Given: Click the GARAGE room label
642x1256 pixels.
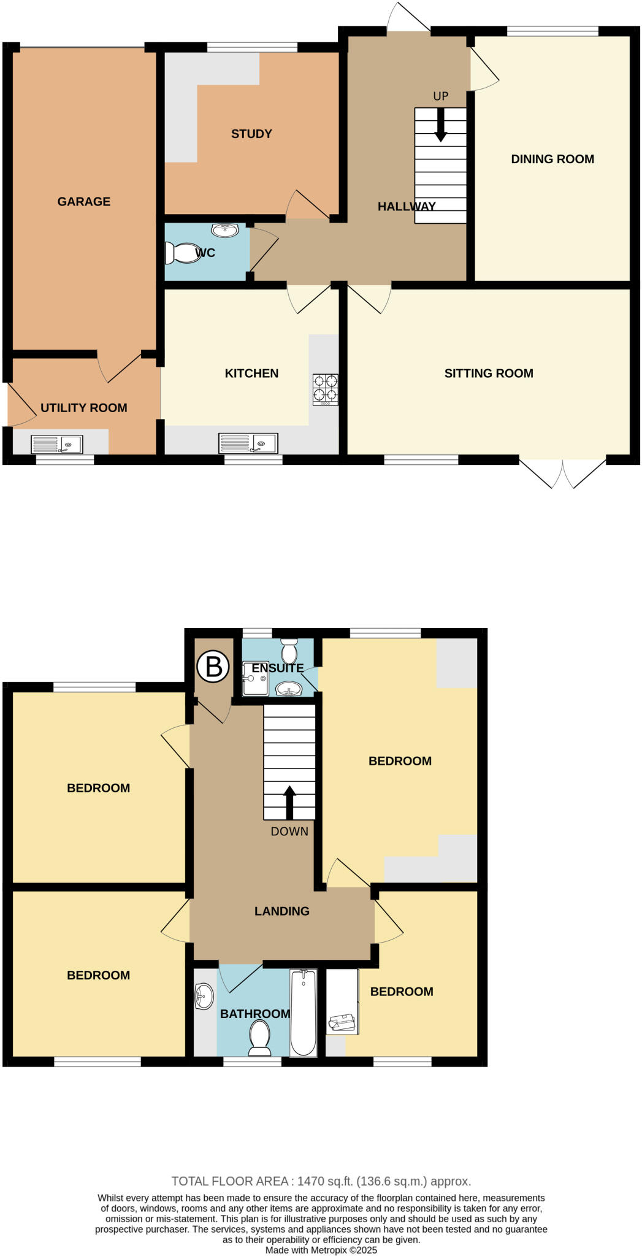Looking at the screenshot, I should pyautogui.click(x=84, y=201).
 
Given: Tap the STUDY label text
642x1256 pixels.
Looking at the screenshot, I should pyautogui.click(x=251, y=134).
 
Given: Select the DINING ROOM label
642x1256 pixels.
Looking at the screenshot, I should pyautogui.click(x=552, y=159).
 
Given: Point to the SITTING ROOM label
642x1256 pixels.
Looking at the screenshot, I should pyautogui.click(x=489, y=373).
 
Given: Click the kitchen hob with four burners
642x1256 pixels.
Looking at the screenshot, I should pyautogui.click(x=325, y=389).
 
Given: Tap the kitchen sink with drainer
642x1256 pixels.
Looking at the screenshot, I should pyautogui.click(x=248, y=443).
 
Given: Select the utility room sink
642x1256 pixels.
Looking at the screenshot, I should pyautogui.click(x=57, y=444).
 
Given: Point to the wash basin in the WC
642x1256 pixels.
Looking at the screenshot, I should pyautogui.click(x=225, y=230).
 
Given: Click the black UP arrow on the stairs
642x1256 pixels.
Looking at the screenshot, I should pyautogui.click(x=441, y=126).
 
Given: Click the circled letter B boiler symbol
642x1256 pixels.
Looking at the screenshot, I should pyautogui.click(x=213, y=666).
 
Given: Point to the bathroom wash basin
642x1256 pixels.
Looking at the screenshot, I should pyautogui.click(x=204, y=996).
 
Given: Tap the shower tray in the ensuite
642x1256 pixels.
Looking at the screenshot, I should pyautogui.click(x=255, y=678).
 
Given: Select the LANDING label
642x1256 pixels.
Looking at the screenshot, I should pyautogui.click(x=282, y=911).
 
